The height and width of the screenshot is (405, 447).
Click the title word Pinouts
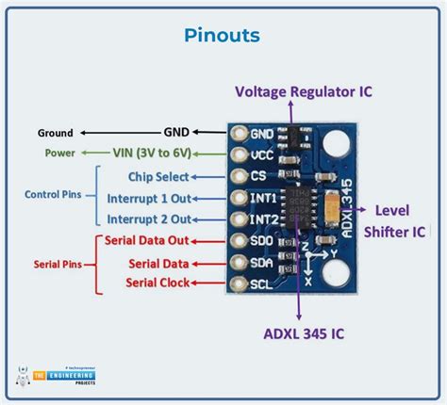point(223,36)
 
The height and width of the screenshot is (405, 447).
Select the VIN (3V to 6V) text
point(162,154)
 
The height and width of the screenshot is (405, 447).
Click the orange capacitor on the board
point(331,202)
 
